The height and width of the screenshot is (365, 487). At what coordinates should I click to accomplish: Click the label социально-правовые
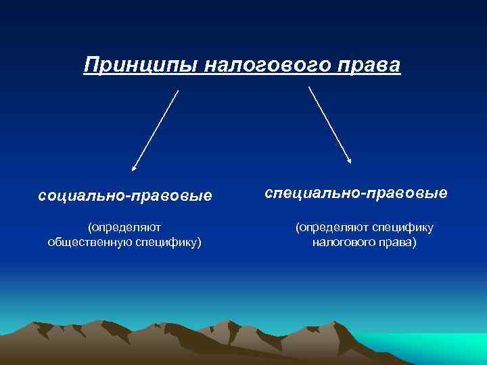coord(125,196)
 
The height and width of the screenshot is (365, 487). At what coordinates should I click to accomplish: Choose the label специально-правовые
coord(356,193)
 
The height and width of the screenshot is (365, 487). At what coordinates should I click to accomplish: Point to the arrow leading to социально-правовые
coord(156,129)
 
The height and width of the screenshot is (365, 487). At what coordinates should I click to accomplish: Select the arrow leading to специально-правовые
coord(329,125)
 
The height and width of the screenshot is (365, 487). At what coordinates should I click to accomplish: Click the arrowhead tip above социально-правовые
coord(133,168)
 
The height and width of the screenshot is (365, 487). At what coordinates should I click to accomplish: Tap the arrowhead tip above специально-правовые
coord(350,162)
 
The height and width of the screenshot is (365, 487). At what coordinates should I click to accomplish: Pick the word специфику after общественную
coord(166,242)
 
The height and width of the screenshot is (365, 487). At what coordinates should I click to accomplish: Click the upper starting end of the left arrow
coord(178,91)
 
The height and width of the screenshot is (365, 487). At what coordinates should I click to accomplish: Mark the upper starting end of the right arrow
coord(309,87)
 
